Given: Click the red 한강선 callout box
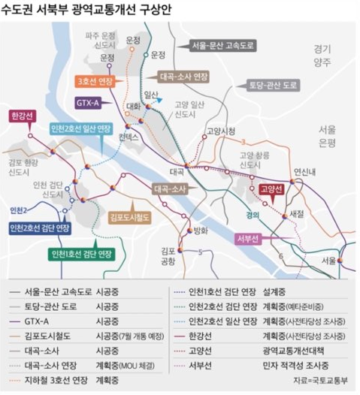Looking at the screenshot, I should (x=20, y=117).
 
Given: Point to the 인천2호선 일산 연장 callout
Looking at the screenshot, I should (x=86, y=130).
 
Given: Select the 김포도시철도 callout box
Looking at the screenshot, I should (x=131, y=217).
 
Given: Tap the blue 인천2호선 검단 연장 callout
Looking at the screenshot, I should (x=40, y=227).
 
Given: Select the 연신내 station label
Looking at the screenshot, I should (x=307, y=172).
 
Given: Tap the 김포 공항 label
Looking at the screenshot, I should (x=168, y=256).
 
